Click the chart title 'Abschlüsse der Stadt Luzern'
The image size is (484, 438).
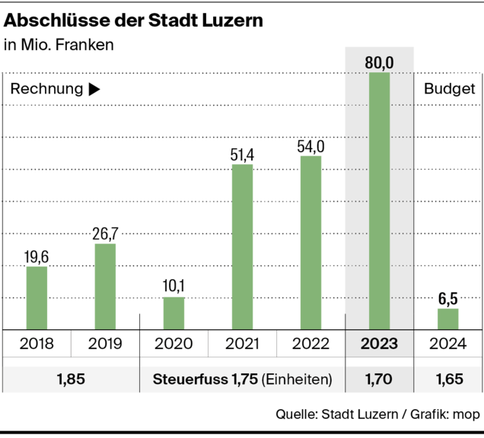point(134,21)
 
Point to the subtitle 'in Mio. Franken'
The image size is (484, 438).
point(59,45)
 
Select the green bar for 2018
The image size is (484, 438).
point(37,298)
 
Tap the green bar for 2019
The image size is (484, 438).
point(105,287)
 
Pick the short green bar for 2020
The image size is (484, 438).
point(174,313)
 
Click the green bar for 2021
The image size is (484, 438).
point(242,247)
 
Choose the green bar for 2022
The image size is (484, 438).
point(310,243)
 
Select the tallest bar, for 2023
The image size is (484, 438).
point(379,202)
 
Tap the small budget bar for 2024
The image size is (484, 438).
point(447,319)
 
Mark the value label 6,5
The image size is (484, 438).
point(447,297)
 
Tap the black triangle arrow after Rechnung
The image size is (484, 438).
point(94,89)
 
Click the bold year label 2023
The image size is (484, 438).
point(379,344)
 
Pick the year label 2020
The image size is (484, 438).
point(174,344)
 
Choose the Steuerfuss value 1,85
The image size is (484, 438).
point(71,379)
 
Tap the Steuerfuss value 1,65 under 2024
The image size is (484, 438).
point(447,379)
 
